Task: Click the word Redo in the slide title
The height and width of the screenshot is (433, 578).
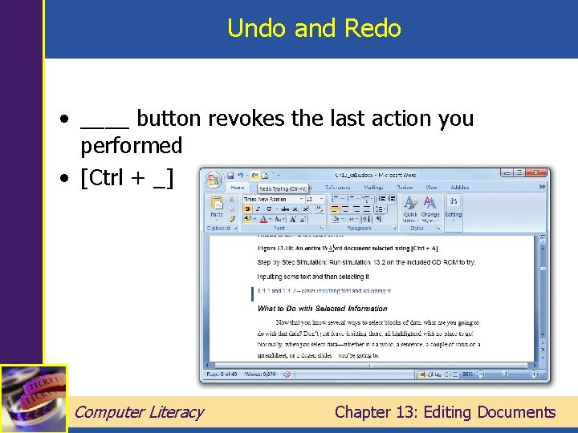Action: point(372,29)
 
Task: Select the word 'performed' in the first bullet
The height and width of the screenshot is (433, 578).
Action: point(131,146)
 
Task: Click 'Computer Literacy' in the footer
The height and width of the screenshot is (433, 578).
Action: point(139,412)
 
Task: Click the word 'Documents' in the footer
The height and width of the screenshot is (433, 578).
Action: point(516,412)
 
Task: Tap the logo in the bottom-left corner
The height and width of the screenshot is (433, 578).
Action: point(34,399)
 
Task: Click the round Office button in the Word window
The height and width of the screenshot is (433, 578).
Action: point(213,179)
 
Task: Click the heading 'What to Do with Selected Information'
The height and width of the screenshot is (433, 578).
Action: point(322,308)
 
